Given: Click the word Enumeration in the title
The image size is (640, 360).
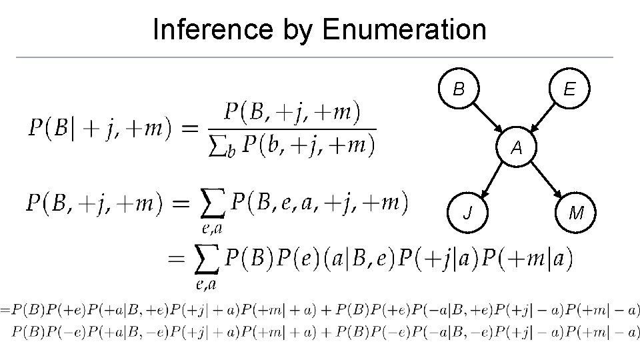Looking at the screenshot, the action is click(x=404, y=29).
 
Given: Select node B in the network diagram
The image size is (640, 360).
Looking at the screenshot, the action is click(x=459, y=89).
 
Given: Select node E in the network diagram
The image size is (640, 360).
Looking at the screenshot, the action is click(x=569, y=89).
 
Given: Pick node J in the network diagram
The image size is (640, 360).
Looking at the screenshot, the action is click(x=470, y=213).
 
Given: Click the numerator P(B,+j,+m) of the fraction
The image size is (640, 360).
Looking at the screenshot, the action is click(x=291, y=113).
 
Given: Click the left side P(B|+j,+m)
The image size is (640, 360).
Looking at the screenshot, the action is click(x=105, y=128).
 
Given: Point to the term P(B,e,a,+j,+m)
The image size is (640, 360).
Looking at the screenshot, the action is click(x=319, y=202).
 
